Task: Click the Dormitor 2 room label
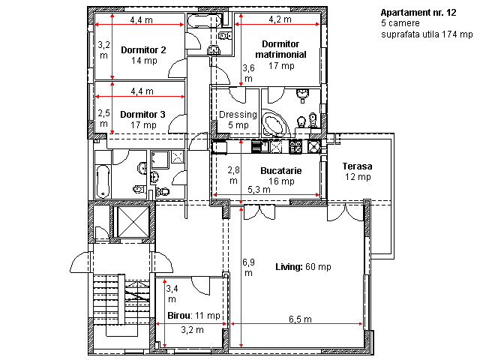(143, 50)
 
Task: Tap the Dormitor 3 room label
(142, 115)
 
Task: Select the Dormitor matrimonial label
(280, 49)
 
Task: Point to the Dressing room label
(238, 115)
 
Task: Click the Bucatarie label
(281, 170)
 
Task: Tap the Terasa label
(357, 166)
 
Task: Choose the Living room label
(289, 267)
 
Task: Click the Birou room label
(180, 316)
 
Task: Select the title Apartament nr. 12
(418, 13)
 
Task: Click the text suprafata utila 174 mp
(427, 34)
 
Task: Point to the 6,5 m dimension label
(300, 319)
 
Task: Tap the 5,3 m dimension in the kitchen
(259, 190)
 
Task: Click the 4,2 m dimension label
(280, 19)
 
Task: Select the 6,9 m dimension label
(248, 268)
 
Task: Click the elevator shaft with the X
(133, 222)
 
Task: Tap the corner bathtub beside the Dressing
(275, 123)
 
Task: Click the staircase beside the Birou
(121, 300)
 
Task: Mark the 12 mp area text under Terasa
(358, 177)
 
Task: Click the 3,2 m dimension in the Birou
(192, 330)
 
